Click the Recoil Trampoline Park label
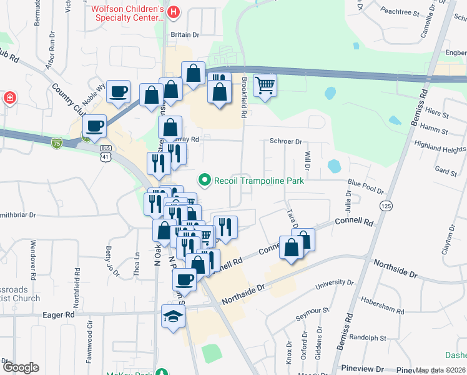click(x=258, y=181)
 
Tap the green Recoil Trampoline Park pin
click(x=204, y=181)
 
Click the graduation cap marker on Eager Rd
click(x=173, y=316)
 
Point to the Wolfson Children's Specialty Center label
click(x=127, y=13)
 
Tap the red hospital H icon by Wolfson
click(x=174, y=12)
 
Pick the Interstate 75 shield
click(x=57, y=143)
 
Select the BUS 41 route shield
click(x=106, y=152)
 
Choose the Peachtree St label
click(x=399, y=11)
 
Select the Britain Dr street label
click(x=185, y=35)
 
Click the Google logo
click(x=21, y=367)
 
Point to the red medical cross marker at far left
click(x=9, y=98)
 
